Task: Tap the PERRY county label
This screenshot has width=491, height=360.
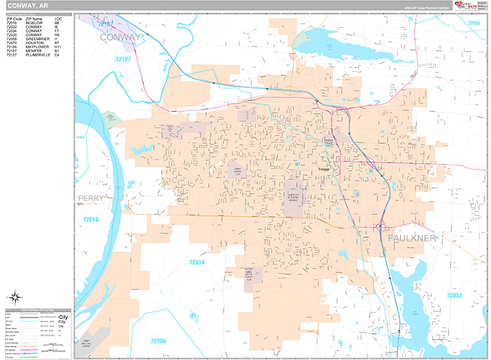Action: [x=93, y=198]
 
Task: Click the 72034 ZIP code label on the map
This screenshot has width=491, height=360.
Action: [x=196, y=263]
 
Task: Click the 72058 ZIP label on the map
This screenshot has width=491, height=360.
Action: [x=473, y=24]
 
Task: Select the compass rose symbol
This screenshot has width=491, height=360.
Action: [x=16, y=298]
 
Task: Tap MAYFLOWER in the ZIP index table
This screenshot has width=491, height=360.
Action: [x=38, y=47]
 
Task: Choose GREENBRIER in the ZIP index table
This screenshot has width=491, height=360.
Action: [x=38, y=38]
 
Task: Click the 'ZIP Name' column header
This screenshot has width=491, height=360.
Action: [x=36, y=17]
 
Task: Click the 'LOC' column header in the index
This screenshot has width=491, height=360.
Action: [x=57, y=17]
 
